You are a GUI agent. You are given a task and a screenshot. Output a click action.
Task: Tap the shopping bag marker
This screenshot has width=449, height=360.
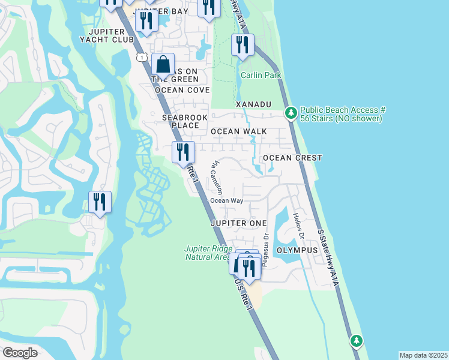[163, 65]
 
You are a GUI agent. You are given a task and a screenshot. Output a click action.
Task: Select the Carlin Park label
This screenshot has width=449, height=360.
[261, 75]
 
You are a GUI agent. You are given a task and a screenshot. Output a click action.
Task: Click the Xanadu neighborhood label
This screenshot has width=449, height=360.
[253, 104]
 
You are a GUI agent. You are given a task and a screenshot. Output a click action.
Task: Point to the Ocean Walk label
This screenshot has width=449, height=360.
[238, 131]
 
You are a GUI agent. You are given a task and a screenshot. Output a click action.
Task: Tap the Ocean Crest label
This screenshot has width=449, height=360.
[292, 158]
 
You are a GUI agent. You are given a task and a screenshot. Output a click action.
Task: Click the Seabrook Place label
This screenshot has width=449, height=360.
[180, 122]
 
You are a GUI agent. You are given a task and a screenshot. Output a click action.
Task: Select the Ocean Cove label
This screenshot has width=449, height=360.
[182, 90]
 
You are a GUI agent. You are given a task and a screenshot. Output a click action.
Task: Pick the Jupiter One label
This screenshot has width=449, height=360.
[238, 223]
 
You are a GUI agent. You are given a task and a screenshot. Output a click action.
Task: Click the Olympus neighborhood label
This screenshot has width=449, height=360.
[297, 250]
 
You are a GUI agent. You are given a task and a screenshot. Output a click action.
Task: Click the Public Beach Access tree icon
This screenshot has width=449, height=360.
[291, 113]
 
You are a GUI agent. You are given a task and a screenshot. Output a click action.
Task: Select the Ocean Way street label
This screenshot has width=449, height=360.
[226, 201]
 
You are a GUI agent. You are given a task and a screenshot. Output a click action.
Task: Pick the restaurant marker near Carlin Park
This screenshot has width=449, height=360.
[243, 46]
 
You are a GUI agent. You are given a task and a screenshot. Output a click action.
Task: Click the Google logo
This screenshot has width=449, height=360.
[20, 353]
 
